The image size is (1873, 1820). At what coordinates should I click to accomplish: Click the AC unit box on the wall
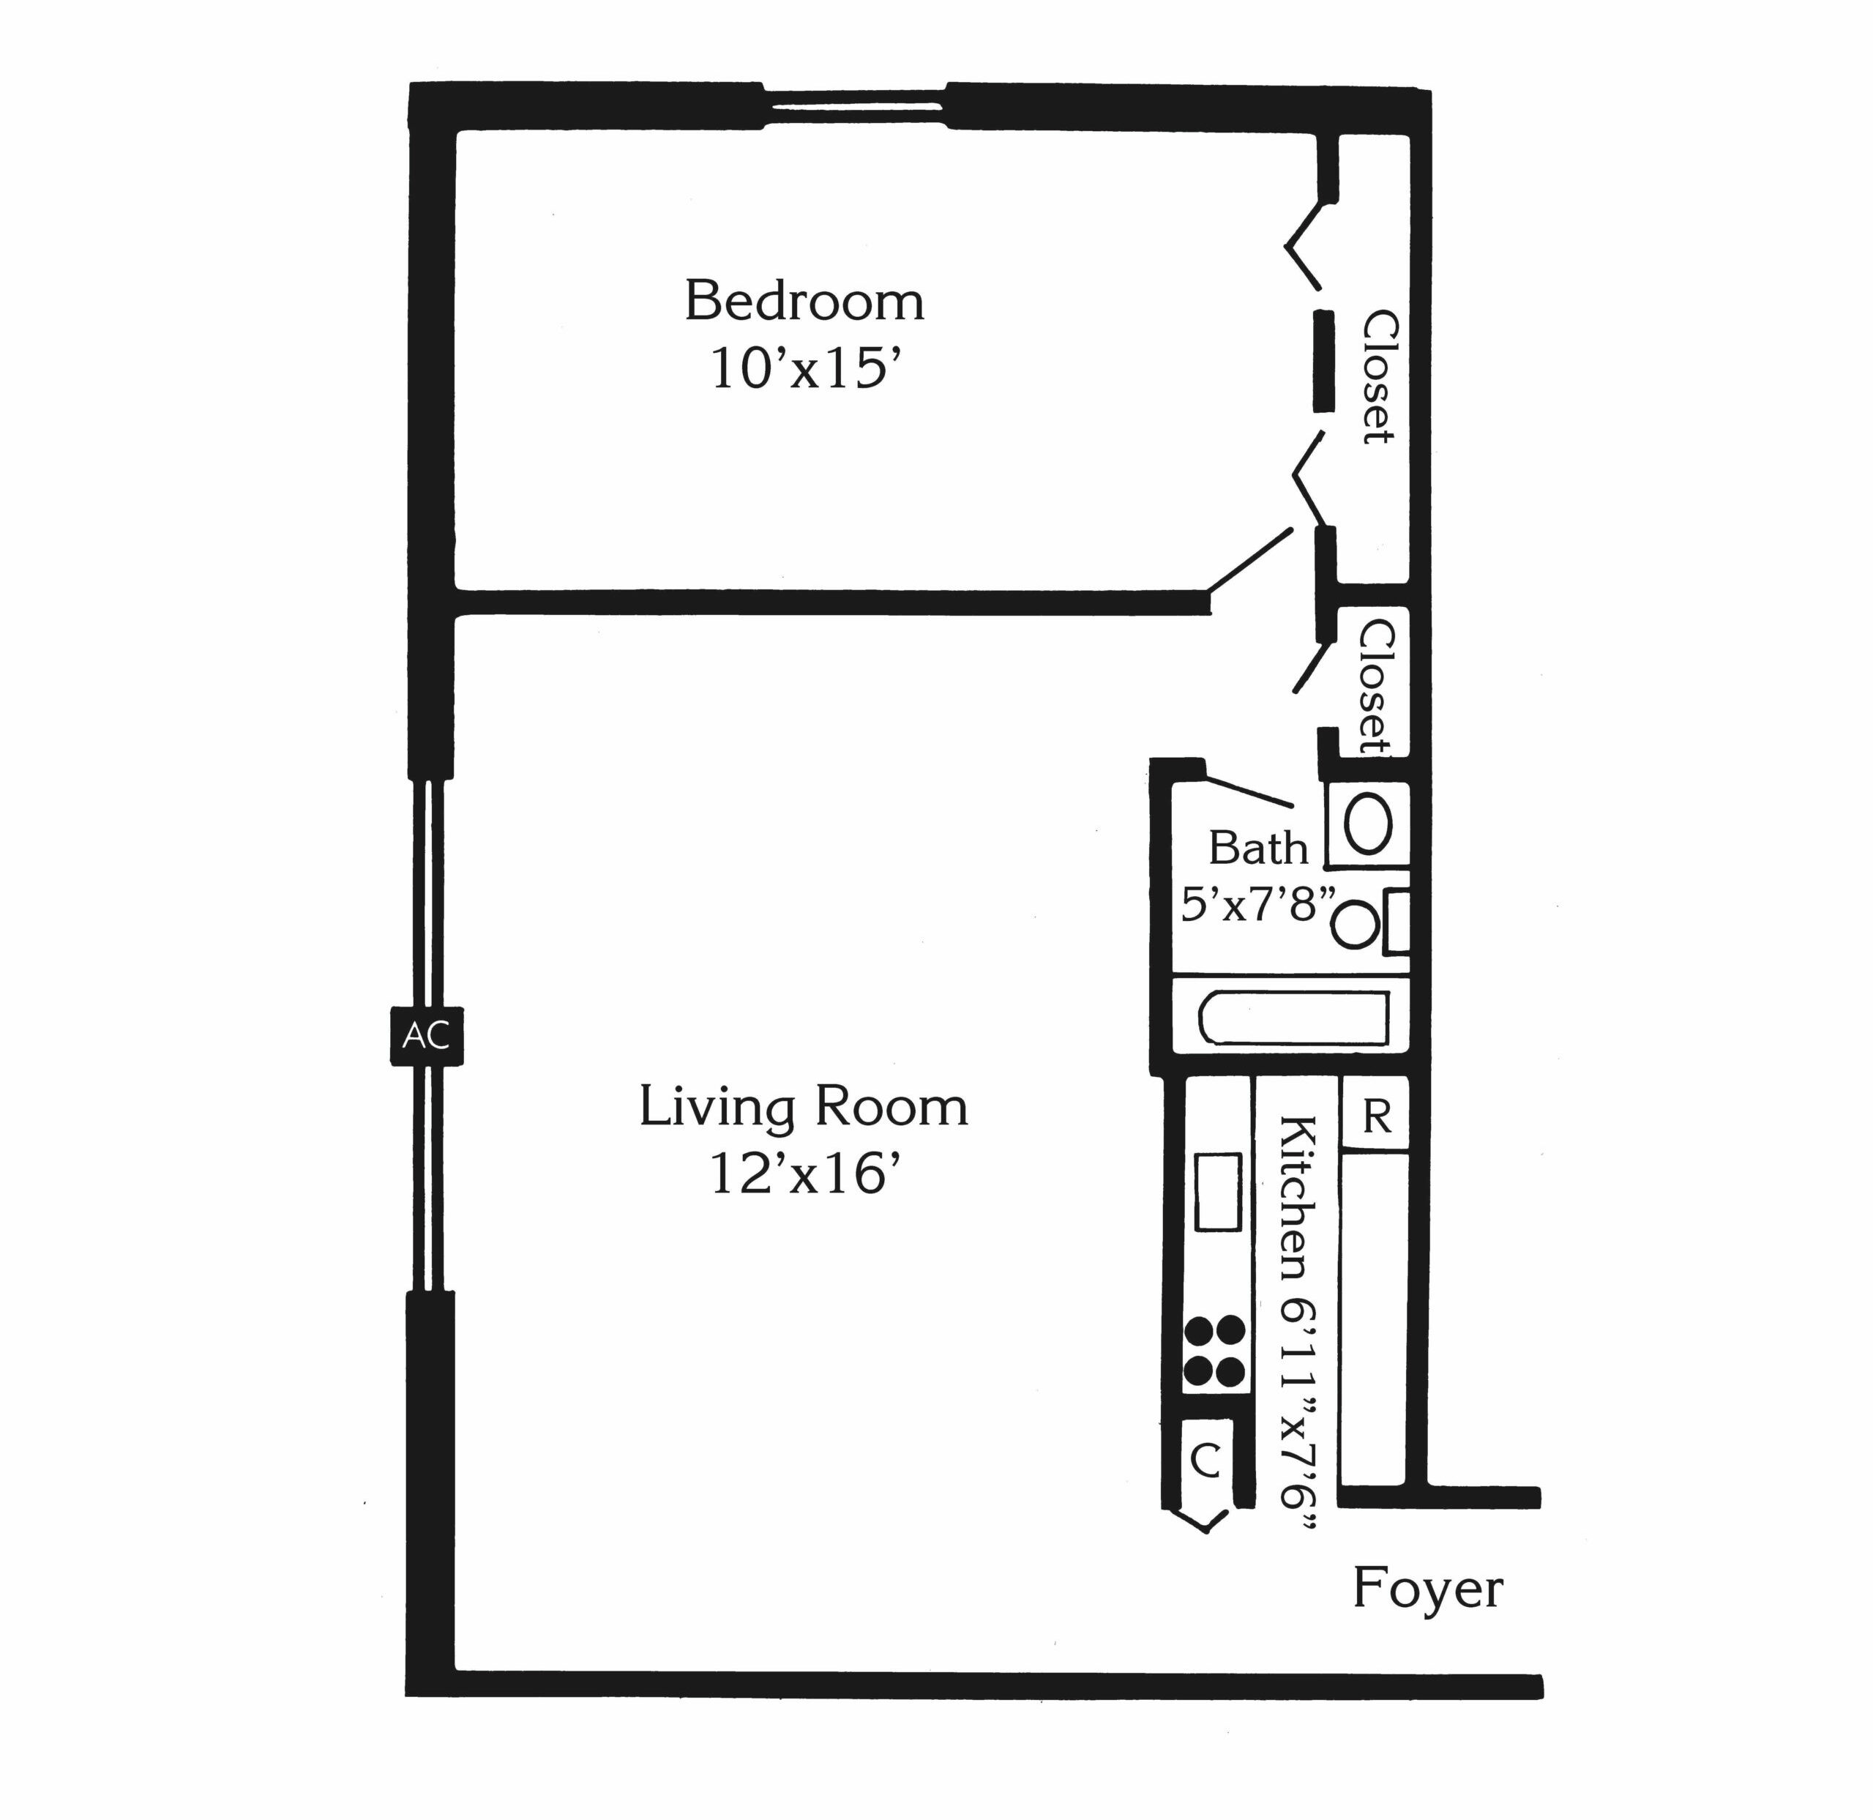click(x=426, y=1035)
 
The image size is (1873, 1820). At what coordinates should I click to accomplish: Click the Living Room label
click(x=803, y=1107)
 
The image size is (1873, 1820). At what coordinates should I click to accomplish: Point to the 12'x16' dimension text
click(x=804, y=1174)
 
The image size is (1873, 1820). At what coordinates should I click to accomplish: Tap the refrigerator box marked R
click(x=1376, y=1114)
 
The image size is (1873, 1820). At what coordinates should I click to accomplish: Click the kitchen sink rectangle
click(x=1219, y=1192)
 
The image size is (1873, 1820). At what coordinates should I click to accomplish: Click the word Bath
click(x=1257, y=848)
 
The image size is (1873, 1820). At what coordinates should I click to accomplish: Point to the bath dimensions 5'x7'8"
click(x=1257, y=903)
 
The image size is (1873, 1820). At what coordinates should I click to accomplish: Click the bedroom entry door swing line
click(x=1251, y=560)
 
